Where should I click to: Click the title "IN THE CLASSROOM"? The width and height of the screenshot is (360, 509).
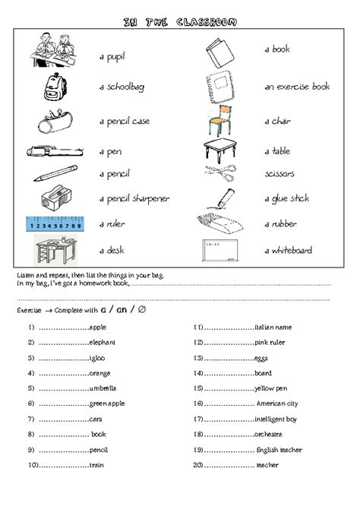click(x=179, y=22)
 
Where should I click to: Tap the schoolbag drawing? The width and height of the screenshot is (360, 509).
click(x=54, y=87)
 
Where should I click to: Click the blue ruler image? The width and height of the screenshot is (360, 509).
click(x=55, y=224)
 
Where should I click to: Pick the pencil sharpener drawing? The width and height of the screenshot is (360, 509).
click(x=55, y=198)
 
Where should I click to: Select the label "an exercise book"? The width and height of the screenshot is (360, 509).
click(x=297, y=87)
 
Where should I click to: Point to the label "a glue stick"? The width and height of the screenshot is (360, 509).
click(x=286, y=199)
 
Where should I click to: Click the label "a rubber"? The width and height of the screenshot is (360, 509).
click(x=280, y=224)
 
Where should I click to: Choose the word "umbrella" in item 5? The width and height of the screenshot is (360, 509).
click(x=103, y=388)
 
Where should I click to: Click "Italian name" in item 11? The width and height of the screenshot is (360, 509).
click(x=273, y=327)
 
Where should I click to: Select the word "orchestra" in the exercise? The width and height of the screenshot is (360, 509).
click(x=269, y=435)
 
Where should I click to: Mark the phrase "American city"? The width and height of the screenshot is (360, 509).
click(x=277, y=403)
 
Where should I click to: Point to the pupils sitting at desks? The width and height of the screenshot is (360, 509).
click(x=55, y=52)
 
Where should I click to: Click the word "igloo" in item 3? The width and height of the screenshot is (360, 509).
click(x=98, y=358)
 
